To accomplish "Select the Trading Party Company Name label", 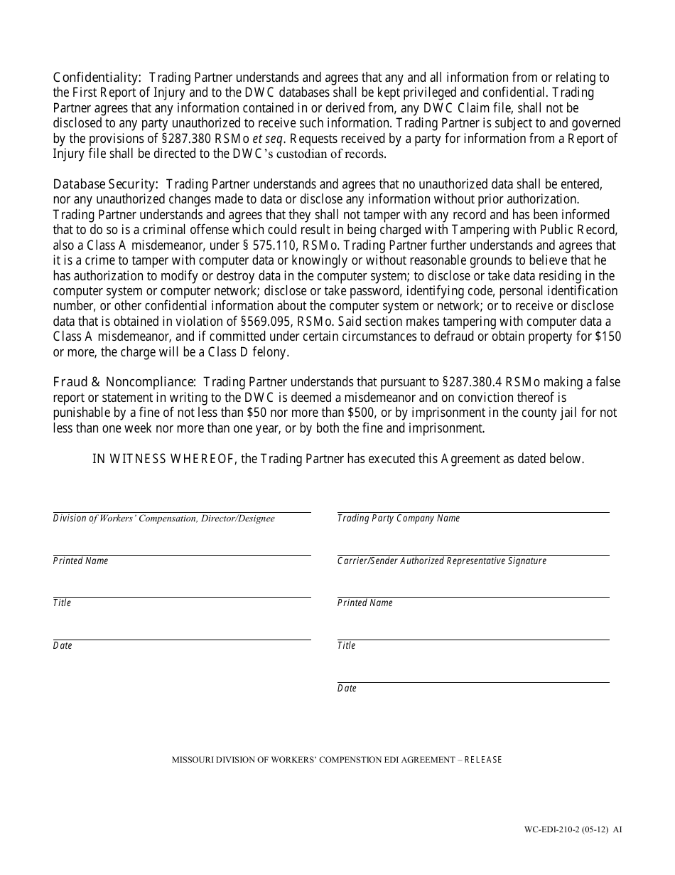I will tap(399, 519).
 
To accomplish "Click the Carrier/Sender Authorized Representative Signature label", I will tap(442, 561).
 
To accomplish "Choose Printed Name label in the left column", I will tap(80, 561).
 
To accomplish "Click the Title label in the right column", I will tap(347, 646).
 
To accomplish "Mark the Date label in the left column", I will tap(63, 646).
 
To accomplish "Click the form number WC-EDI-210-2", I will tap(566, 829).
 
